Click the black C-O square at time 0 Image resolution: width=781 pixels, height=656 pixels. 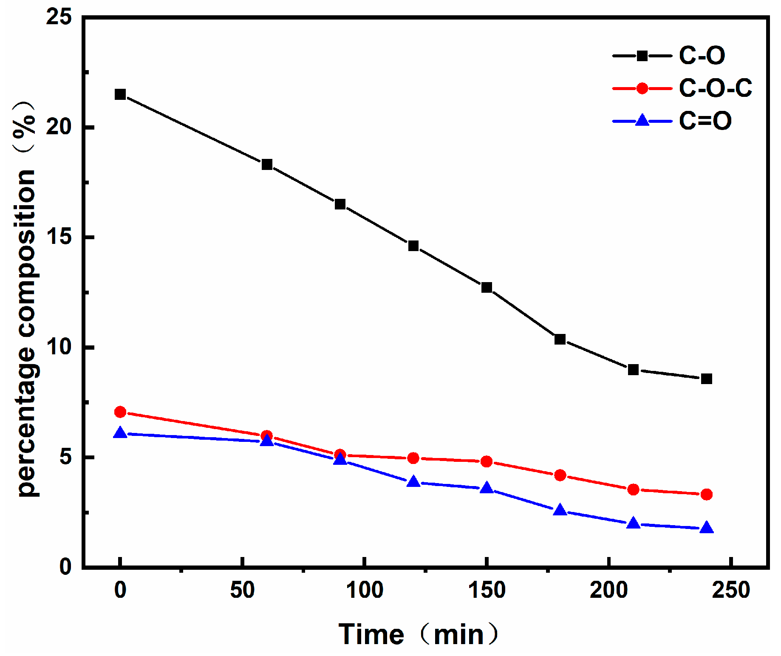click(120, 94)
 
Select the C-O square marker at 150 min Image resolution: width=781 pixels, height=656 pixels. click(487, 288)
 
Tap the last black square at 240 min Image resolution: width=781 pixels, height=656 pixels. click(706, 379)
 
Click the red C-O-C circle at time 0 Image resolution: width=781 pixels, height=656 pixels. click(120, 412)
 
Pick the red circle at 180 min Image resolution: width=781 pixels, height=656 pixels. click(560, 475)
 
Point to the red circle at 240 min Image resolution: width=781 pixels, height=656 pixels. click(706, 494)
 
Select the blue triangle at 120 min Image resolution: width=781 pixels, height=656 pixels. click(413, 482)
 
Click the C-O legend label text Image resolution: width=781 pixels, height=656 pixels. click(702, 56)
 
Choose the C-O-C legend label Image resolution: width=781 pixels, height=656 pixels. click(715, 88)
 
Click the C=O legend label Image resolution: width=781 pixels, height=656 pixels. click(705, 121)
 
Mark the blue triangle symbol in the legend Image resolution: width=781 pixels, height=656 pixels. click(642, 121)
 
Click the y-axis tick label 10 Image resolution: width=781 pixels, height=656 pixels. click(59, 347)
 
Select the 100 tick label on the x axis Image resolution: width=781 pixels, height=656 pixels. click(365, 590)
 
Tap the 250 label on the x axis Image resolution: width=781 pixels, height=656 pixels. click(730, 590)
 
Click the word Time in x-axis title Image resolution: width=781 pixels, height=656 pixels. click(371, 635)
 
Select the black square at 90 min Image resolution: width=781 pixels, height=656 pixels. click(340, 204)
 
